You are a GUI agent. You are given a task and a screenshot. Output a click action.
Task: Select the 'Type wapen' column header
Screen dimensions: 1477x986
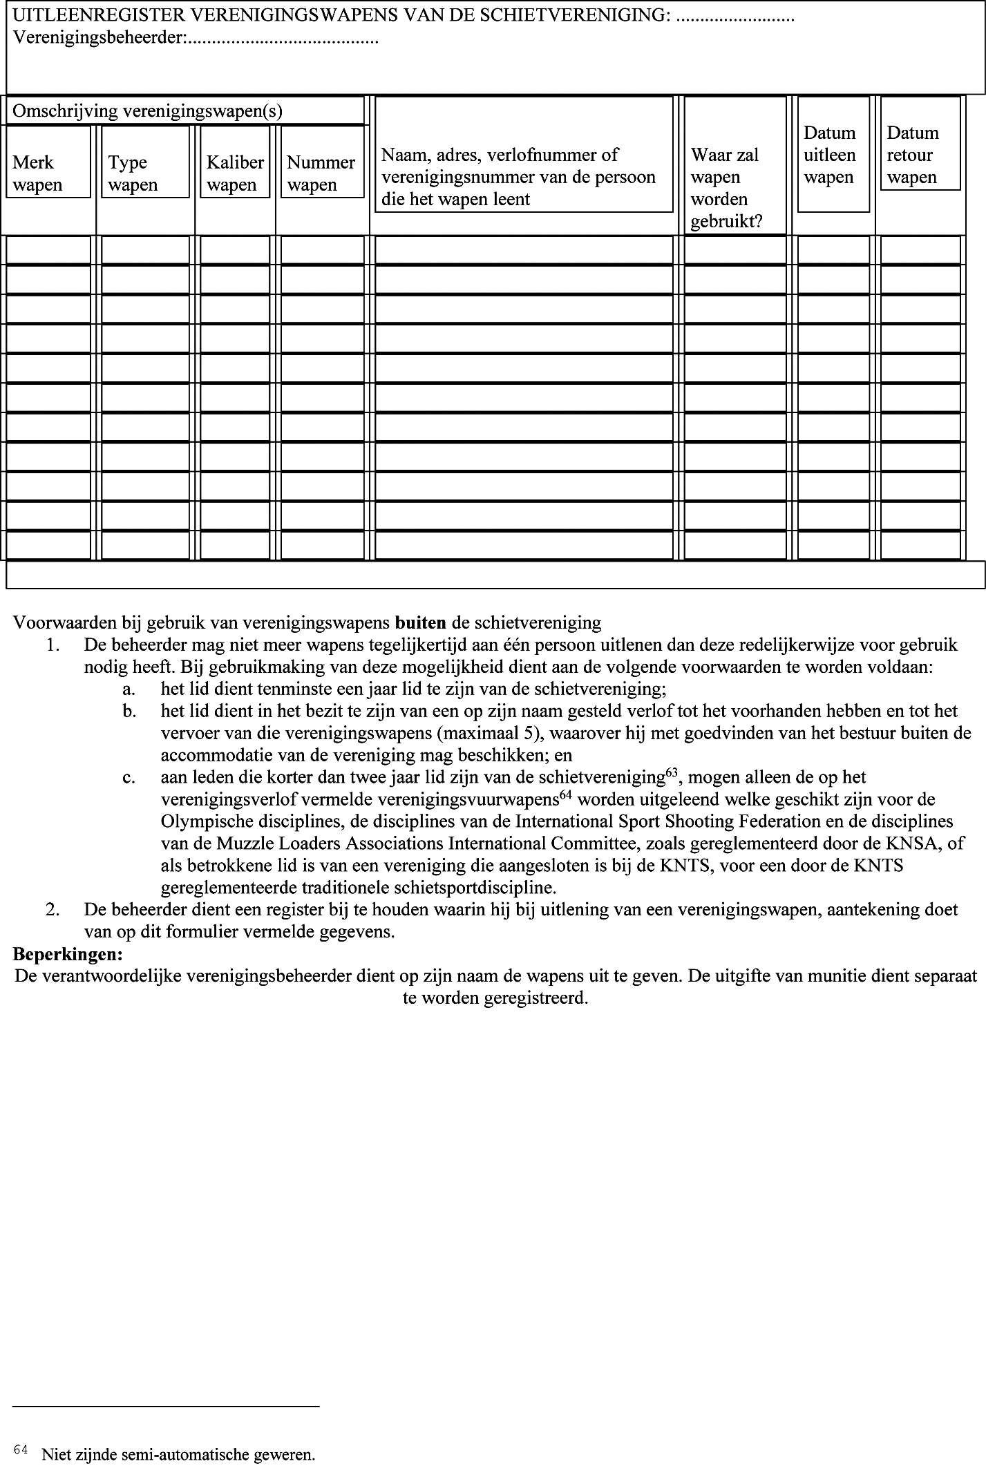pos(144,173)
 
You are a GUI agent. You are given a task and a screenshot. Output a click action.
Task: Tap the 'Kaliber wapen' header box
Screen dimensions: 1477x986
pos(235,173)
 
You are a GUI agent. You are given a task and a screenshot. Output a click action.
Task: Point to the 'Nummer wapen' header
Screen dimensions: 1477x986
pos(321,173)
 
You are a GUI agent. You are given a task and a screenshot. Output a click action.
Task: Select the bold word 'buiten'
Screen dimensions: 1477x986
pos(420,622)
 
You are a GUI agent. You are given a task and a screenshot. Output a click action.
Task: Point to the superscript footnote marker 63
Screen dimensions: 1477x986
pos(670,773)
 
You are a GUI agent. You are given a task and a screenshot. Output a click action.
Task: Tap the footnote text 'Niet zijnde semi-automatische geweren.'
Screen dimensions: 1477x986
pos(178,1455)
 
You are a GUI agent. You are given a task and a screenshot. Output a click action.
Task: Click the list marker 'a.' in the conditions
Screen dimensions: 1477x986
pos(129,689)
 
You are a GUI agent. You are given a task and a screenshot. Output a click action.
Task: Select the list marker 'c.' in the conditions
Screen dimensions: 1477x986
pos(129,777)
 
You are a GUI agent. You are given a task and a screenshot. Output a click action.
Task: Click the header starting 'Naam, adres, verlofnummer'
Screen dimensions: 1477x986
pos(518,177)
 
